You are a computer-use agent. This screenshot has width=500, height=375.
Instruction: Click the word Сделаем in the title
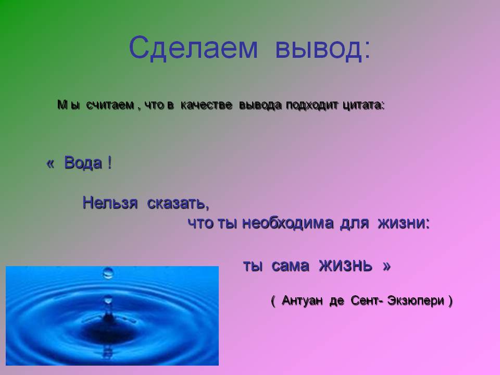point(193,48)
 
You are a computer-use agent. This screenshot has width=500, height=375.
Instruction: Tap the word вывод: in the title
point(323,48)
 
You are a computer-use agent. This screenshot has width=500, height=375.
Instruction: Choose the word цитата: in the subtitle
point(363,105)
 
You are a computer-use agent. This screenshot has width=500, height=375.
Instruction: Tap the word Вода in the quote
point(83,163)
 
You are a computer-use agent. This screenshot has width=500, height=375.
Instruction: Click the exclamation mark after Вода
point(109,163)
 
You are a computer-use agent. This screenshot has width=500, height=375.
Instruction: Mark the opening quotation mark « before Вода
point(50,164)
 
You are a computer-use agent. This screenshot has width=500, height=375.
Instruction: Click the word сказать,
point(178,203)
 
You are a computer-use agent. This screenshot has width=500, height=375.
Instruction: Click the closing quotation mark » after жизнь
point(386,267)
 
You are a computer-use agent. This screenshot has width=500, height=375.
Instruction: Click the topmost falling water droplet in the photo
point(108,272)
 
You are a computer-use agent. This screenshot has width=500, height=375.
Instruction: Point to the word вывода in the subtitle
point(260,105)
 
